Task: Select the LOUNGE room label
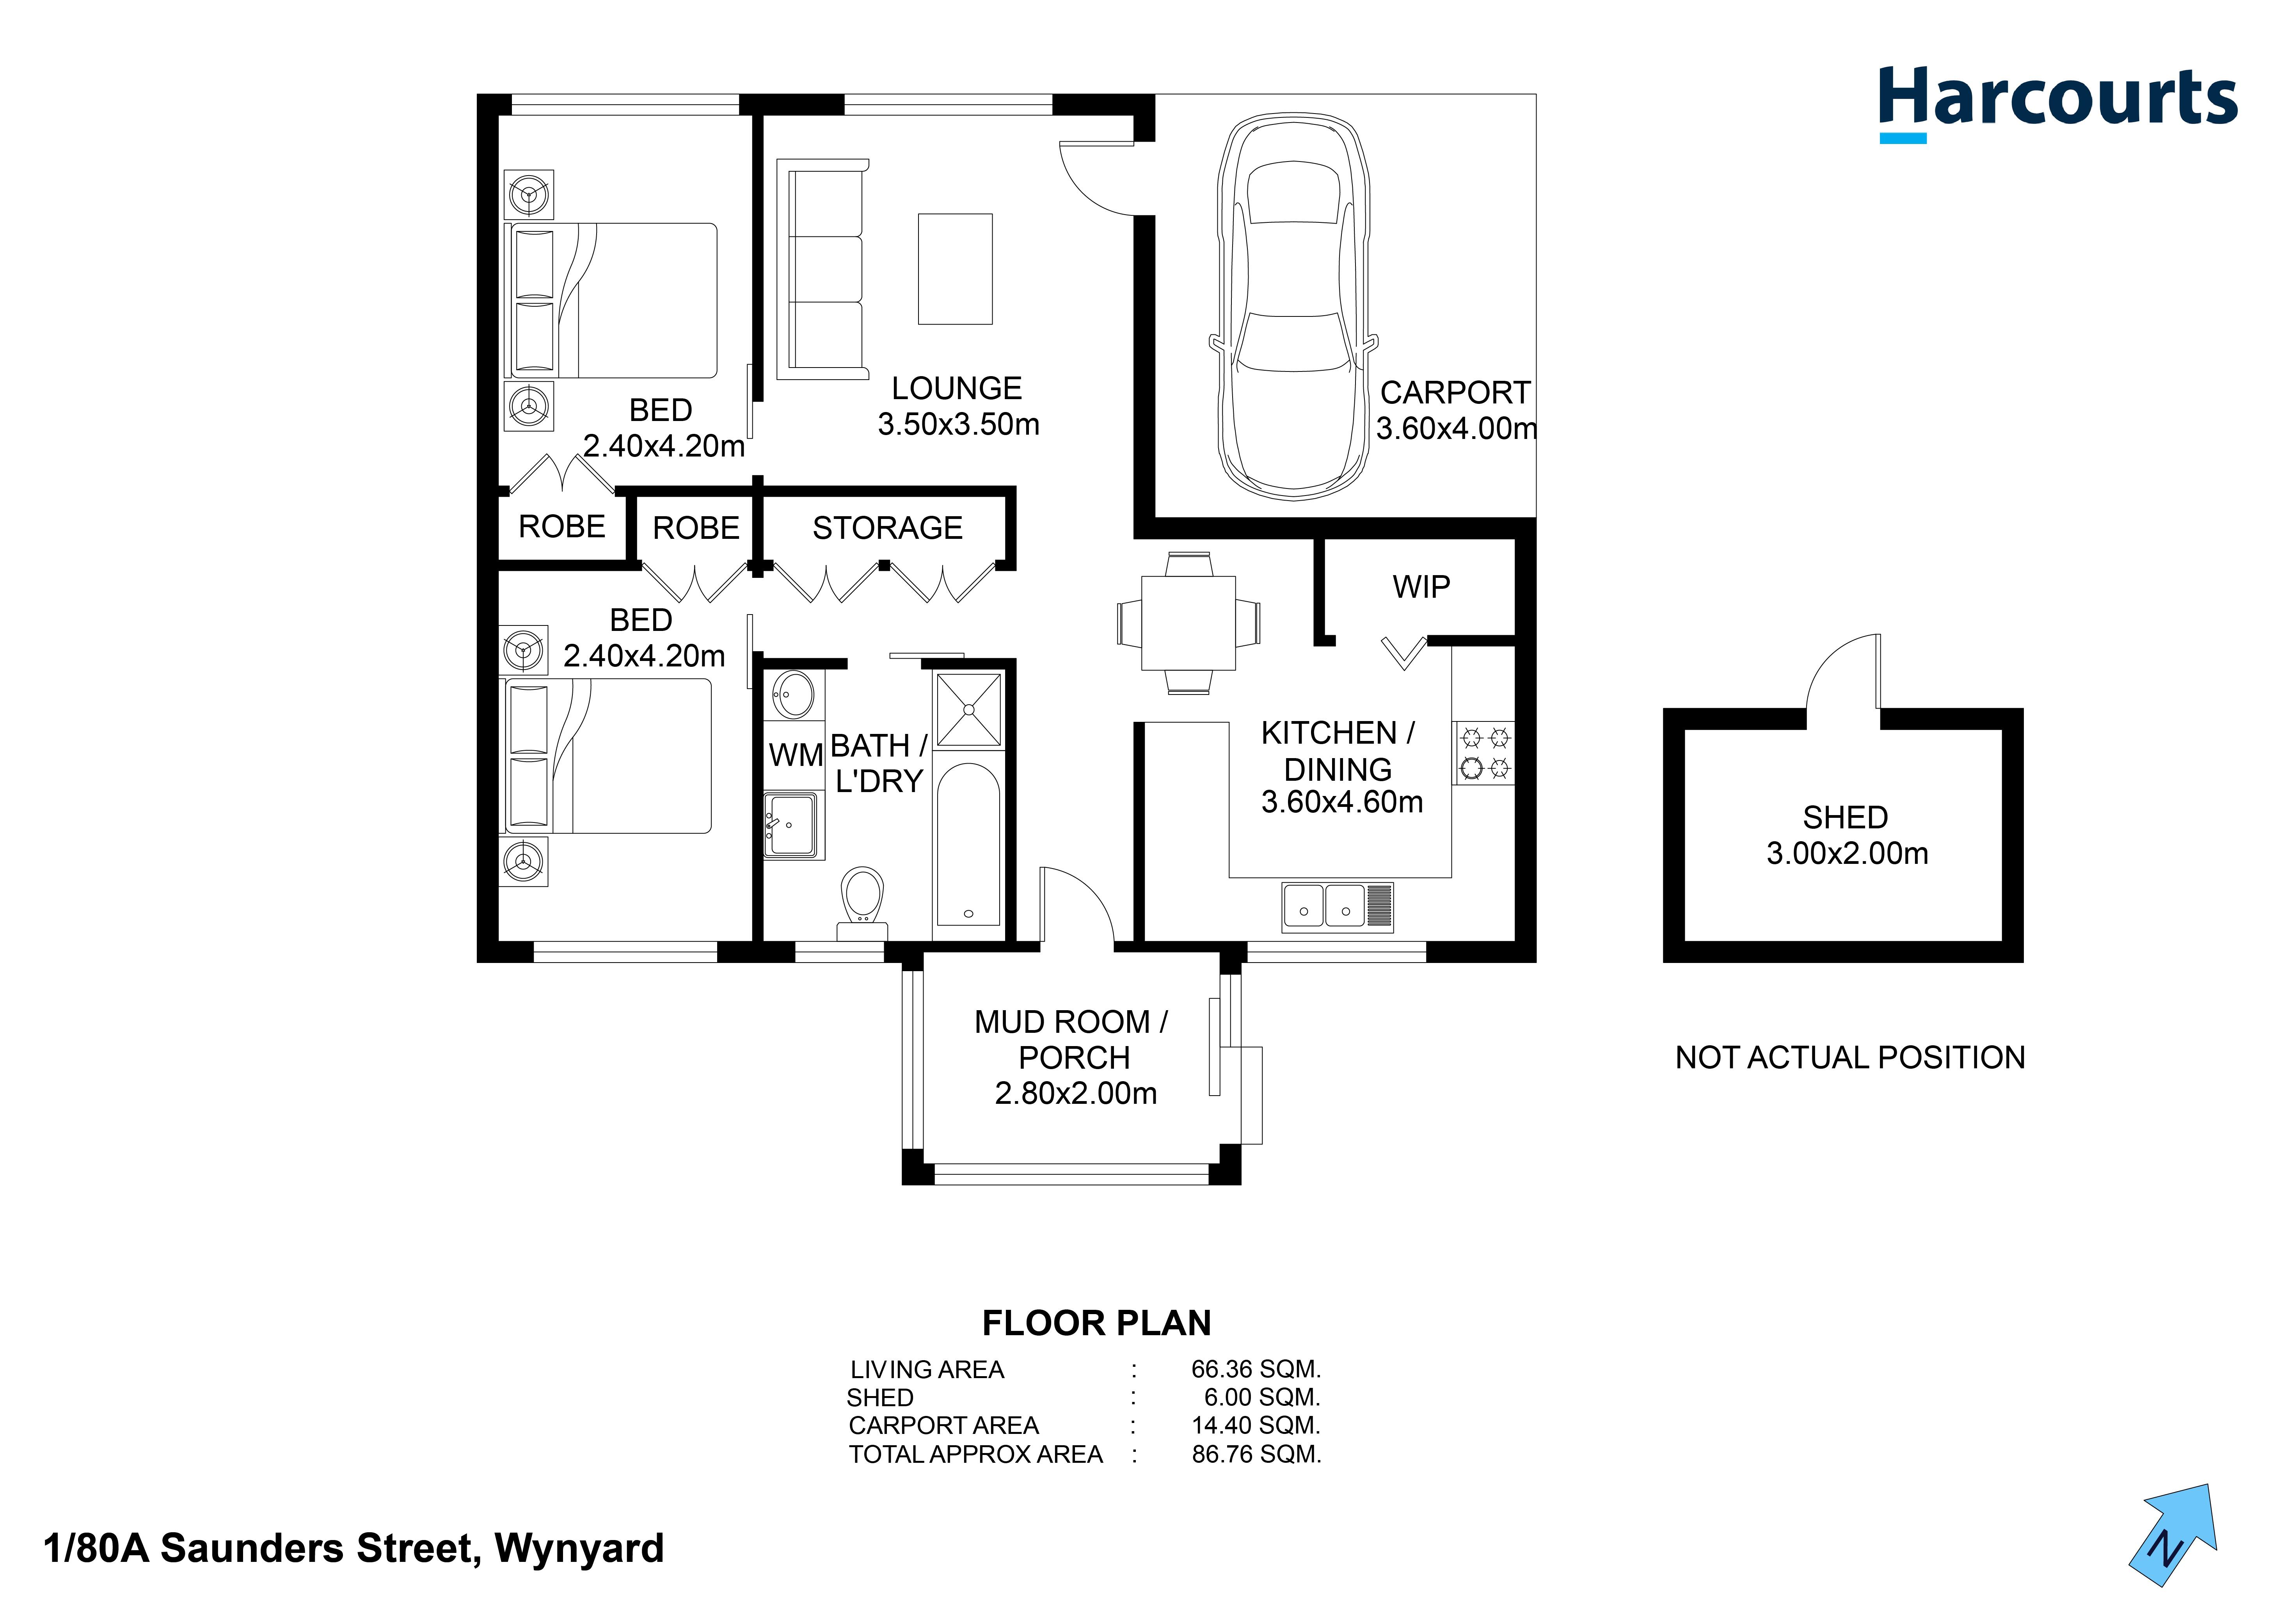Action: click(957, 388)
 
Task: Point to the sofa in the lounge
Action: click(823, 268)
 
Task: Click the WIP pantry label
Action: click(1421, 587)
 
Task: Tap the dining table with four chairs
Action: click(1188, 623)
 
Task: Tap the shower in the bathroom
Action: click(969, 709)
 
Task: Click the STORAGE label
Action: click(887, 528)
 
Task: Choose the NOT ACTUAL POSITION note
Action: click(1850, 1058)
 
